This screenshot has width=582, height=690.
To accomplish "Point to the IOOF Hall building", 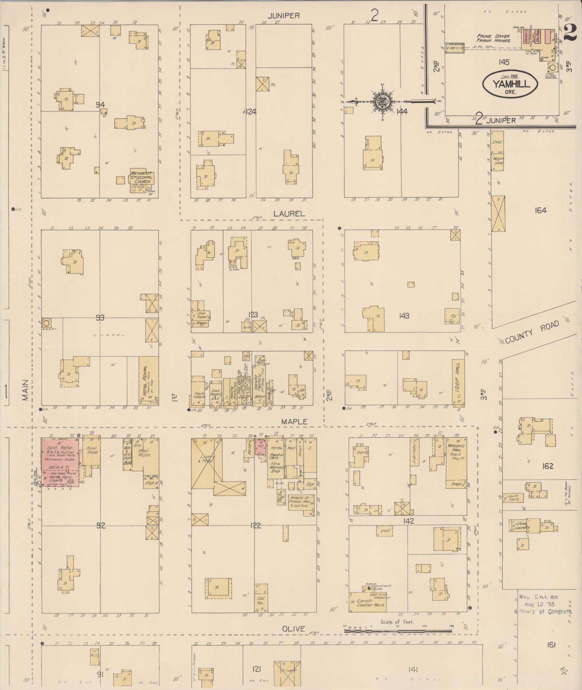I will pyautogui.click(x=458, y=382).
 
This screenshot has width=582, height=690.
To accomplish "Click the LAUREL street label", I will pyautogui.click(x=289, y=214).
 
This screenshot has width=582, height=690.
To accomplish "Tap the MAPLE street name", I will pyautogui.click(x=294, y=421).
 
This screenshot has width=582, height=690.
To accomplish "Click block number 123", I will pyautogui.click(x=254, y=315).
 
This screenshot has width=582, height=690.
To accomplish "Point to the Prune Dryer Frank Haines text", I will pyautogui.click(x=493, y=39).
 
